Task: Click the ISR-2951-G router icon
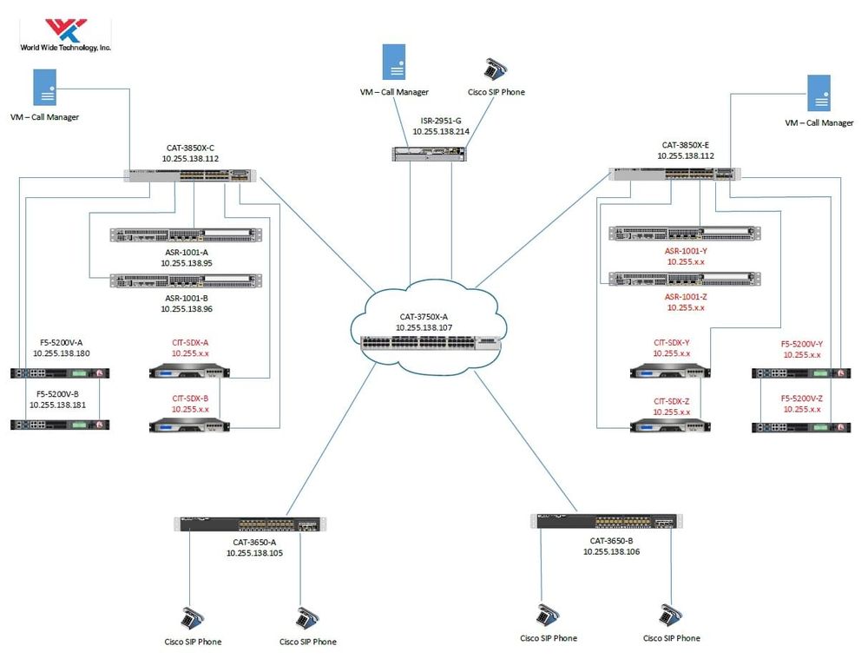coord(428,154)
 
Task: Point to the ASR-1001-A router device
coord(186,234)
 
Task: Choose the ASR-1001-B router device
coord(186,280)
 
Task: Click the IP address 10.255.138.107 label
coord(424,327)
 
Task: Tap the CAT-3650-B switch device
coord(602,521)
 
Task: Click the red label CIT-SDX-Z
coord(672,401)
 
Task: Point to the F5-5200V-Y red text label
coord(801,344)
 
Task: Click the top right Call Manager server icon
coord(819,94)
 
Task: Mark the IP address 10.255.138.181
coord(61,404)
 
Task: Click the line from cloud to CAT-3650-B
coord(526,444)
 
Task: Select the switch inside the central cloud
coord(431,342)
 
